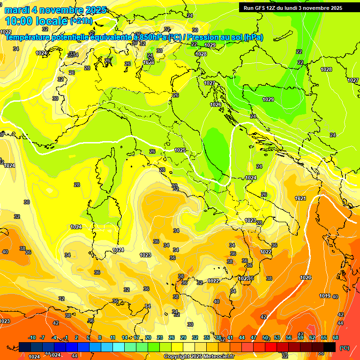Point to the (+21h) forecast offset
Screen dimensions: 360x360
(x=81, y=21)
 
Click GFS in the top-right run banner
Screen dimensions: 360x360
(x=262, y=7)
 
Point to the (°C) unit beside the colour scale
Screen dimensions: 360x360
(x=345, y=348)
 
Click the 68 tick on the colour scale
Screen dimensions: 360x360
(x=336, y=337)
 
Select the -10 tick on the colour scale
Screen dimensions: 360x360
(x=32, y=337)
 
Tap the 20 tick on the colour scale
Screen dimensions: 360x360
(x=148, y=337)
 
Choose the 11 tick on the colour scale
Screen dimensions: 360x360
(x=112, y=337)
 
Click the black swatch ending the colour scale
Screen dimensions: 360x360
(x=330, y=347)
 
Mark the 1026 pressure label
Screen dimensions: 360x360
(x=216, y=105)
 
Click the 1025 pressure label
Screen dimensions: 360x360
(x=180, y=150)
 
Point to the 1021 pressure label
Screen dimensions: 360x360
(x=300, y=198)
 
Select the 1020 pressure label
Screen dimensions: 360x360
(x=306, y=277)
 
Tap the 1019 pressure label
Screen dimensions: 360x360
(x=325, y=296)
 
